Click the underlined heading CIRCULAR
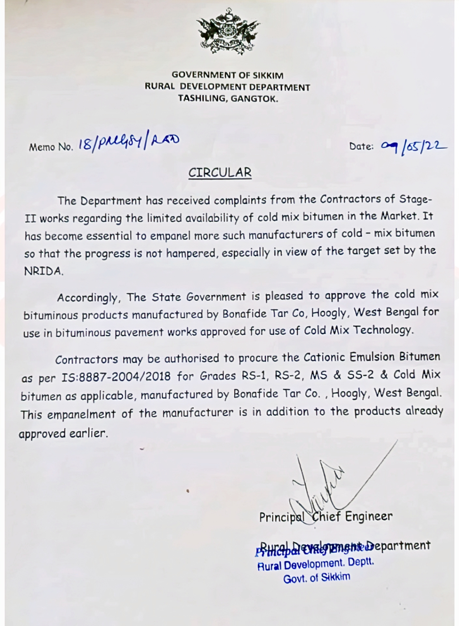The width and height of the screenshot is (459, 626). [220, 172]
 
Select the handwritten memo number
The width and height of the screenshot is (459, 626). [129, 143]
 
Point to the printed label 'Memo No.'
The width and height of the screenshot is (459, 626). [51, 147]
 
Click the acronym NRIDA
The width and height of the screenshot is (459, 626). [43, 271]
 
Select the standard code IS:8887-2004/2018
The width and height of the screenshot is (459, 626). [116, 377]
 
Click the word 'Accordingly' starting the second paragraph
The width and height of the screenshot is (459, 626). [87, 298]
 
